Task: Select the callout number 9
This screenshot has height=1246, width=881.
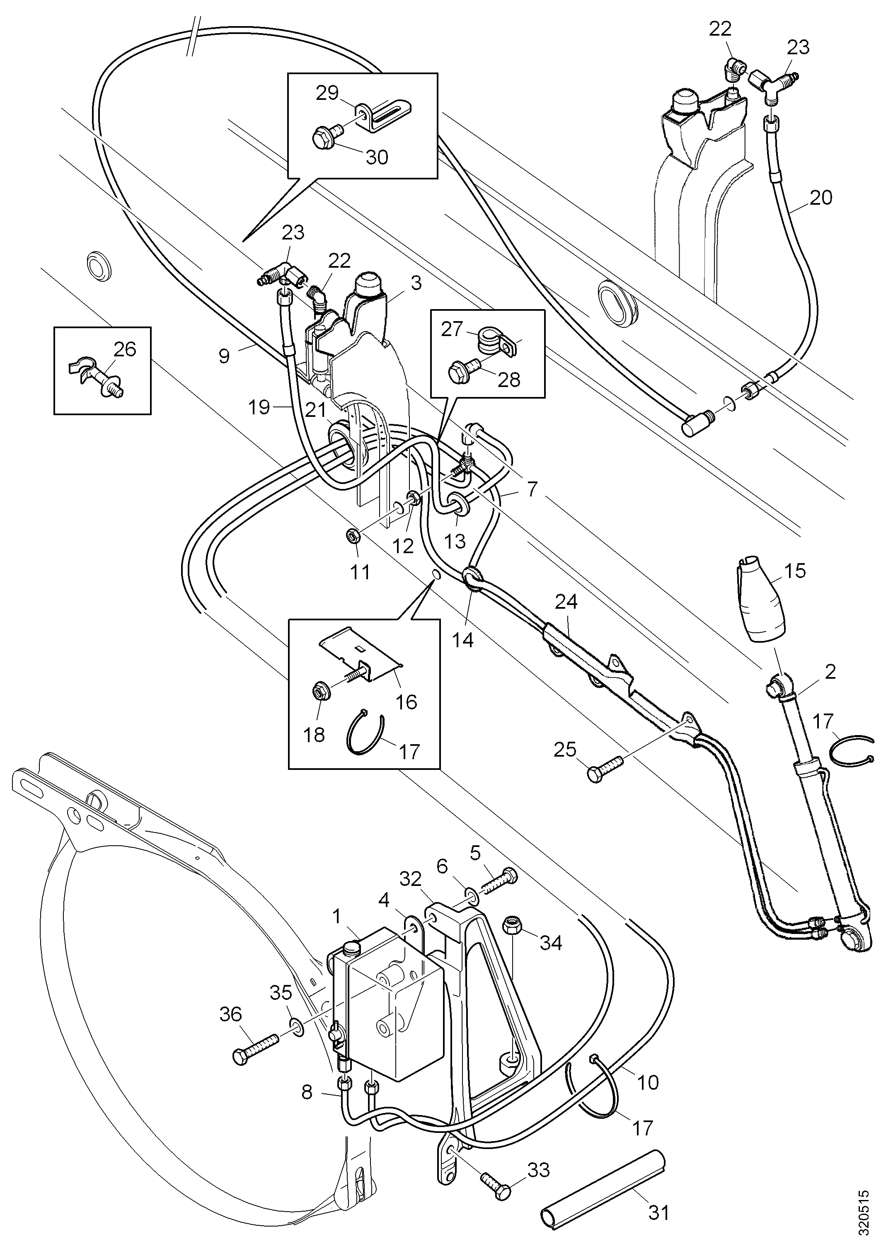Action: pyautogui.click(x=224, y=356)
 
